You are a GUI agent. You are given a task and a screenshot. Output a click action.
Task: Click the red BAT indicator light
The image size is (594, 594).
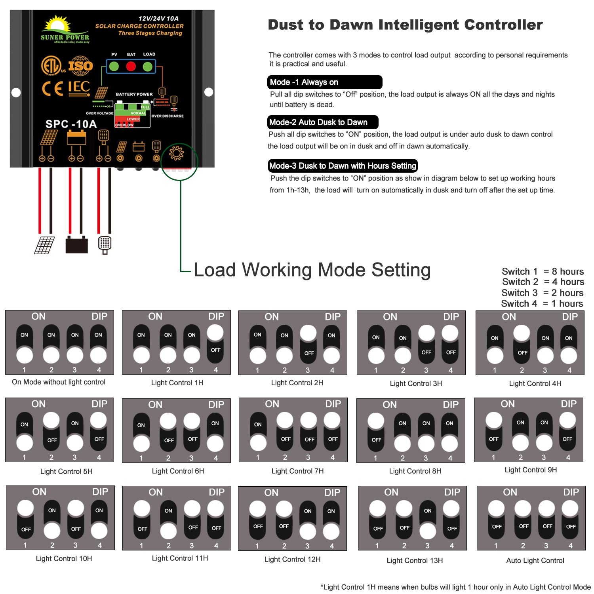[131, 67]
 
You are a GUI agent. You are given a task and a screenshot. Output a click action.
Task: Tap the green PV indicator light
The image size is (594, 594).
[114, 67]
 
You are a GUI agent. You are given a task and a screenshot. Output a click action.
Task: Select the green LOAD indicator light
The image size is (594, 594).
[148, 67]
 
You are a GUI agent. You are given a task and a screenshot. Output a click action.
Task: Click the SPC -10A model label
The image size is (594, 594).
[71, 124]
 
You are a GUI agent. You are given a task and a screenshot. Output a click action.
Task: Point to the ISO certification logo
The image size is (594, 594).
[80, 66]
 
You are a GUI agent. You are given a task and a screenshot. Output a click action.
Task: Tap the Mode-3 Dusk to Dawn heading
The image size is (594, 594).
[343, 166]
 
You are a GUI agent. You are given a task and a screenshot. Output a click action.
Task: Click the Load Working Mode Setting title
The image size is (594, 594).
[312, 270]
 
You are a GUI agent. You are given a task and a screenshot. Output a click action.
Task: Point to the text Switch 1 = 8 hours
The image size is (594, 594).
[543, 272]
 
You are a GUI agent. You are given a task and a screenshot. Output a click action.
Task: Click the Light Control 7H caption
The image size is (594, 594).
[297, 471]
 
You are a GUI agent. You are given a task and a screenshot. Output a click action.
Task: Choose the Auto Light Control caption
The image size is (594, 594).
[535, 560]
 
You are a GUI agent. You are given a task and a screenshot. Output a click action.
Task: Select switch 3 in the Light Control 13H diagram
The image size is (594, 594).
[428, 520]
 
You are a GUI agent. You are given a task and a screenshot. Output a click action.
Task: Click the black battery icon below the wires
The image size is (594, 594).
[76, 244]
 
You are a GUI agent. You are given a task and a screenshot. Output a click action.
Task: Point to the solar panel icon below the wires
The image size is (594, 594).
[44, 245]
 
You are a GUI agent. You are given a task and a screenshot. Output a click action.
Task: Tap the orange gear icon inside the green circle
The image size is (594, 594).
[177, 153]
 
